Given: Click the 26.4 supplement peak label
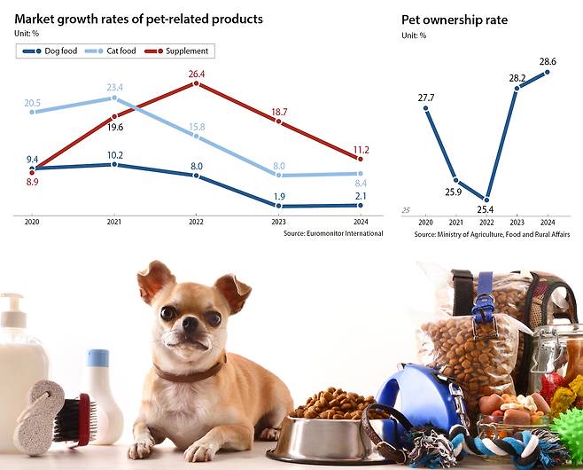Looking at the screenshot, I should pos(197,74).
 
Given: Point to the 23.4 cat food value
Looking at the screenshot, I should pos(114,87).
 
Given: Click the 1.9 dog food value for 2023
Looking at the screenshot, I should pos(279,196).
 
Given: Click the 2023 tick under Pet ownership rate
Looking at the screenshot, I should pos(517,223).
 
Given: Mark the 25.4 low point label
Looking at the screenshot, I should pos(486,210).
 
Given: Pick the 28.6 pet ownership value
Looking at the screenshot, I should pos(548,59).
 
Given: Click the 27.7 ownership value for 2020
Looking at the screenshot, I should pos(425,97).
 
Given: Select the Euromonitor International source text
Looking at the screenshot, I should pos(333,233).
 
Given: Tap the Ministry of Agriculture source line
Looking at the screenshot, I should pos(486,234).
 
